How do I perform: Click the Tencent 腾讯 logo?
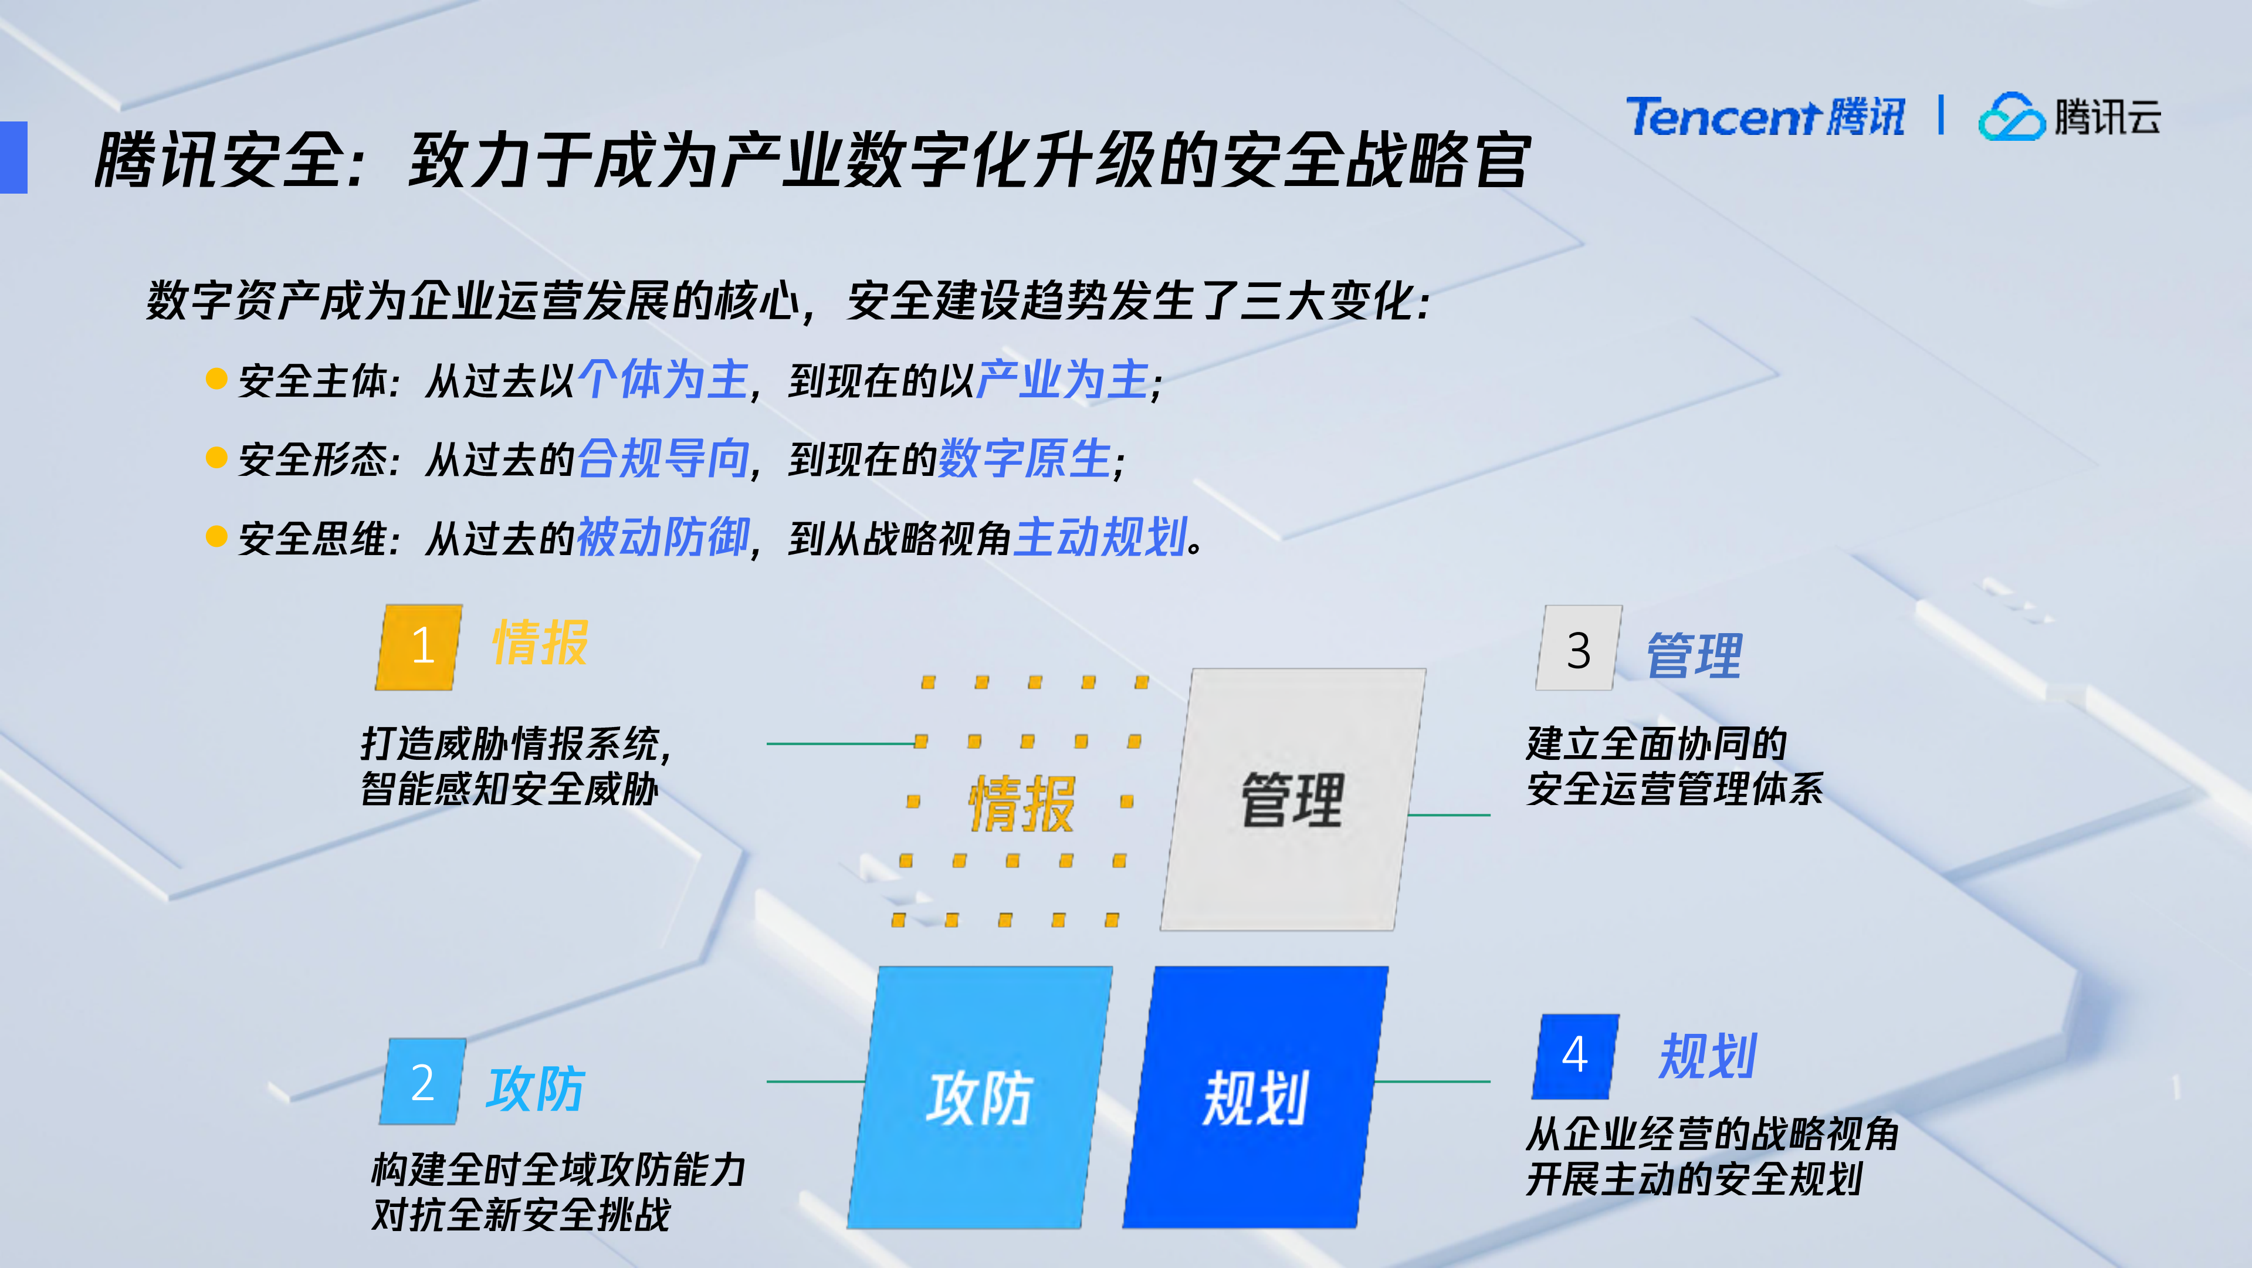(1764, 117)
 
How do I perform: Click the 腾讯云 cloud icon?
(2011, 117)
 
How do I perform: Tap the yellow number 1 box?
(419, 647)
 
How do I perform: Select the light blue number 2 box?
(423, 1082)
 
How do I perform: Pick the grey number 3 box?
(1579, 649)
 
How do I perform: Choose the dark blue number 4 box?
(1576, 1056)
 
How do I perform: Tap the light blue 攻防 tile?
(979, 1097)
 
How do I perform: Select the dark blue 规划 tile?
(1255, 1097)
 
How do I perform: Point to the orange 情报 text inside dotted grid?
(1021, 803)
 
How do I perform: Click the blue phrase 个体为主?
(663, 380)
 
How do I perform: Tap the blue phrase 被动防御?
(663, 537)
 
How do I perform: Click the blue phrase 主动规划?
(1100, 537)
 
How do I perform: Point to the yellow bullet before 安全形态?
(216, 457)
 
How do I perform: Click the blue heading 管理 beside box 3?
(1694, 656)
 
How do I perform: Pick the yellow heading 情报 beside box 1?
(540, 644)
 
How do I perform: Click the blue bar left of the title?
(14, 157)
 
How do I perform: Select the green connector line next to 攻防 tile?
(815, 1082)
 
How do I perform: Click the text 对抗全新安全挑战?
(521, 1215)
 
